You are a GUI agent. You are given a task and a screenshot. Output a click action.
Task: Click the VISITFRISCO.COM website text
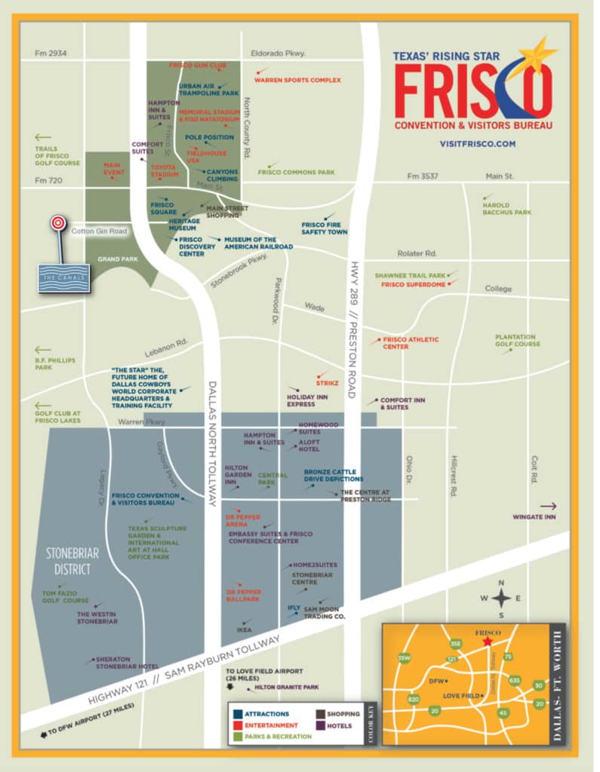tap(477, 143)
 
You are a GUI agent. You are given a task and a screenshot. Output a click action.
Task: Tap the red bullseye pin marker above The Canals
tap(57, 224)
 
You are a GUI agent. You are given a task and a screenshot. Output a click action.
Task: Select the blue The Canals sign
tap(64, 277)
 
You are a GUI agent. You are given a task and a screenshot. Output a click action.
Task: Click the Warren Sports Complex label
tap(297, 80)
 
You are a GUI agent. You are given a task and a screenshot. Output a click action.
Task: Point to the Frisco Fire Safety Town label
tap(325, 228)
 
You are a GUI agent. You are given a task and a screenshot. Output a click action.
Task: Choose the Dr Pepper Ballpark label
tap(243, 596)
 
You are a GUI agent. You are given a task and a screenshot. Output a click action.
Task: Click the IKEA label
tap(244, 630)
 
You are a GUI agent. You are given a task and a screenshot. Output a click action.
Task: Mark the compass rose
tap(501, 599)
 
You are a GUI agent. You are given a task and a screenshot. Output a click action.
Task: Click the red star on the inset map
tap(487, 642)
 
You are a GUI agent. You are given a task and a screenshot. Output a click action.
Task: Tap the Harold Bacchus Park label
tap(506, 209)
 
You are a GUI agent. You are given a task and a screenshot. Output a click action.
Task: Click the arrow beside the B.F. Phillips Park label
tap(43, 350)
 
